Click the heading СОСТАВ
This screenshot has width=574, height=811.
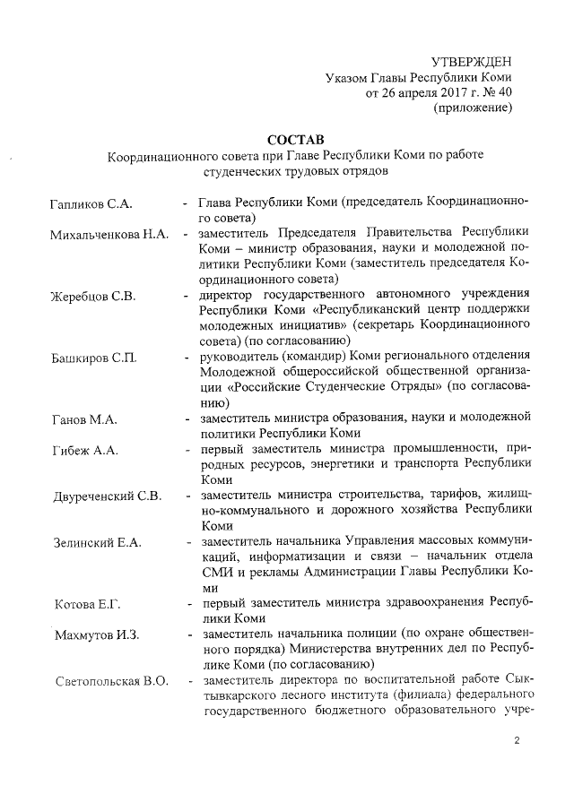pyautogui.click(x=293, y=139)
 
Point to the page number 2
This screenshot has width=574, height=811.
pyautogui.click(x=516, y=740)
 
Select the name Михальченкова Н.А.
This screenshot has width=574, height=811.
pyautogui.click(x=109, y=235)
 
